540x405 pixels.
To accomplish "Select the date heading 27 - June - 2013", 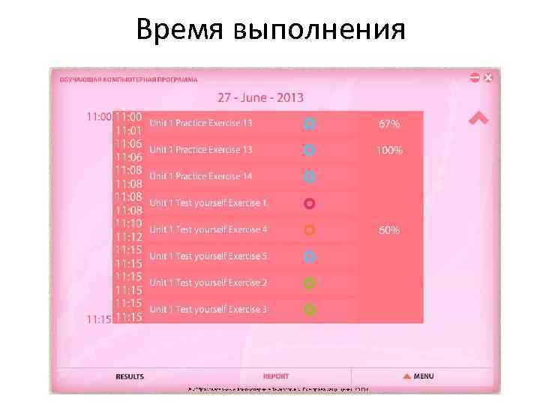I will point(260,97).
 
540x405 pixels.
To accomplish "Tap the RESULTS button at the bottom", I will point(129,376).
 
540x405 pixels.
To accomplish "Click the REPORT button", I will point(276,376).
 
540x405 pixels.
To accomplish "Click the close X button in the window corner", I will point(488,77).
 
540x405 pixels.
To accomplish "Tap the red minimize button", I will point(475,77).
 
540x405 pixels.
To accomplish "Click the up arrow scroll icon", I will point(478,118).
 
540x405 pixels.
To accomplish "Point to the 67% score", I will point(389,124).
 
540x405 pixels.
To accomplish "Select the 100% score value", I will point(389,150).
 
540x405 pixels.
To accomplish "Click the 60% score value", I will point(389,230).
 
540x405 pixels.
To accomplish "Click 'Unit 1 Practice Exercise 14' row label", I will point(200,176).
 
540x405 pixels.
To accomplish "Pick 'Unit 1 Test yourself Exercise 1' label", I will point(208,203).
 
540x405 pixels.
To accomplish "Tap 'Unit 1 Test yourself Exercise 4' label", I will point(208,229).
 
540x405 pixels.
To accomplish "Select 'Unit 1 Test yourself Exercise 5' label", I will point(208,256).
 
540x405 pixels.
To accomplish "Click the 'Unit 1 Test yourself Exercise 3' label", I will point(208,310).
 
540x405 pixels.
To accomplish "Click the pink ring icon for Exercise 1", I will point(309,203).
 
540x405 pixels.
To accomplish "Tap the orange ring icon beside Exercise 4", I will point(309,229).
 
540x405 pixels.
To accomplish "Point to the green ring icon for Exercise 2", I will point(309,283).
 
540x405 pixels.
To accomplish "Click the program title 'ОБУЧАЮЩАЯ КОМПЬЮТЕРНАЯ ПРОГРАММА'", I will point(124,79).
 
